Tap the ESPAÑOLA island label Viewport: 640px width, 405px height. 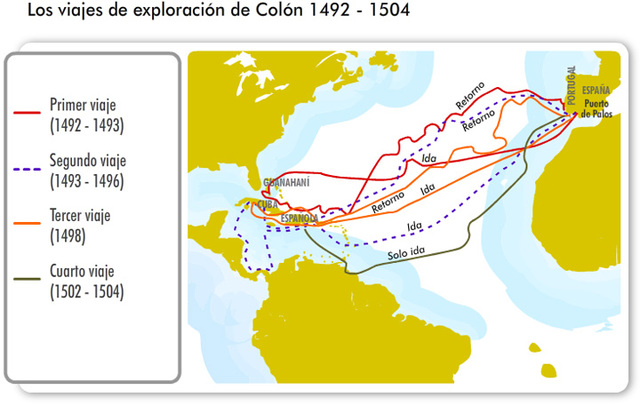point(300,217)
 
